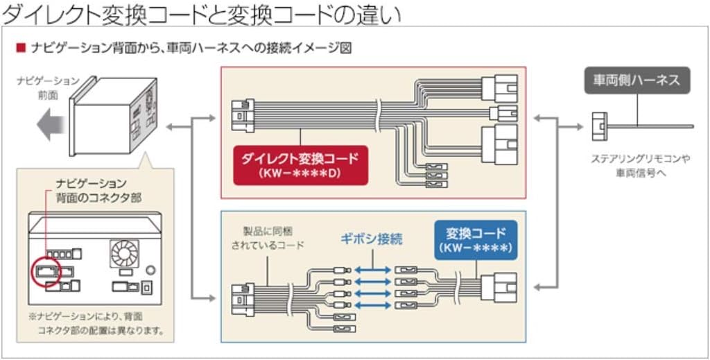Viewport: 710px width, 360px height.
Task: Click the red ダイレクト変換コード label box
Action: [x=300, y=165]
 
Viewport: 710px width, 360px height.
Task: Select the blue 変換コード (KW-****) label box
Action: [x=476, y=239]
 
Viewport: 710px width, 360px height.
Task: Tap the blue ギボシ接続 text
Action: [x=372, y=239]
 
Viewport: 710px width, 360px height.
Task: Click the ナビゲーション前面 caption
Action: [x=48, y=87]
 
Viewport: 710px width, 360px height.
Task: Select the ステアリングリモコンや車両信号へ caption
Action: [x=639, y=166]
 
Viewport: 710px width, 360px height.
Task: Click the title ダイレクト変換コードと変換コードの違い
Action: [x=202, y=13]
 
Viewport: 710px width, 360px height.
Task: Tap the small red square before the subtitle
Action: [x=21, y=48]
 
